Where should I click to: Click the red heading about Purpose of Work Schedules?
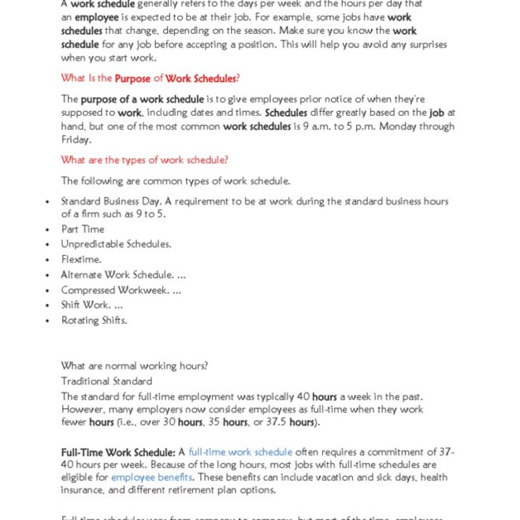pos(150,78)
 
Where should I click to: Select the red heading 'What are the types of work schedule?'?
pos(144,160)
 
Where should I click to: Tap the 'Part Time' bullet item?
pos(83,229)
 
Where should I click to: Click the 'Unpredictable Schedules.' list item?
pos(116,244)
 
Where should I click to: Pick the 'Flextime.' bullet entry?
pos(81,259)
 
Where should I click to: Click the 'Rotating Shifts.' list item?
pos(94,320)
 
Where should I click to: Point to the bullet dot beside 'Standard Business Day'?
pos(49,202)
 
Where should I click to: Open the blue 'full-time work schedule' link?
pos(240,452)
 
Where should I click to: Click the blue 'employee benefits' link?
pos(151,477)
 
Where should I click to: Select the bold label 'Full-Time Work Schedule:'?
pos(118,452)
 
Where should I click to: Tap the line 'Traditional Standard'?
pos(106,381)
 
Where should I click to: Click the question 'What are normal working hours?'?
pos(134,366)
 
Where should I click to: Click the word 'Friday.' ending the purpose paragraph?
pos(76,139)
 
